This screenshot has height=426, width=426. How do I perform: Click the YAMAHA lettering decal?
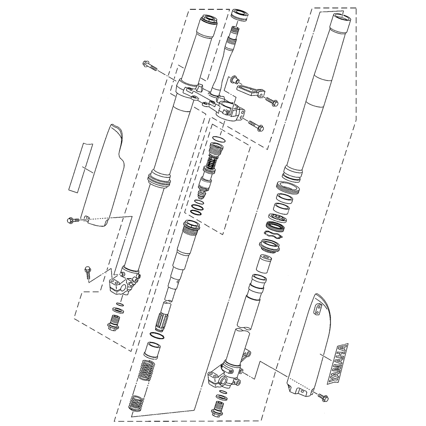pyautogui.click(x=339, y=362)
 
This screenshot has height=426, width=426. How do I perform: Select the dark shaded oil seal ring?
pyautogui.click(x=275, y=226)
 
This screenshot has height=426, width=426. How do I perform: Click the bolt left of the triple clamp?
pyautogui.click(x=149, y=66)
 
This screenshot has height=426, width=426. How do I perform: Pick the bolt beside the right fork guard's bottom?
pyautogui.click(x=322, y=397)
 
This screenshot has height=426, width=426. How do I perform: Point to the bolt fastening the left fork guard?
pyautogui.click(x=73, y=220)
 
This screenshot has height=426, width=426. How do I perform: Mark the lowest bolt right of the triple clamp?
pyautogui.click(x=255, y=124)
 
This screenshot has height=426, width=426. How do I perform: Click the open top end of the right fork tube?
pyautogui.click(x=343, y=18)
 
